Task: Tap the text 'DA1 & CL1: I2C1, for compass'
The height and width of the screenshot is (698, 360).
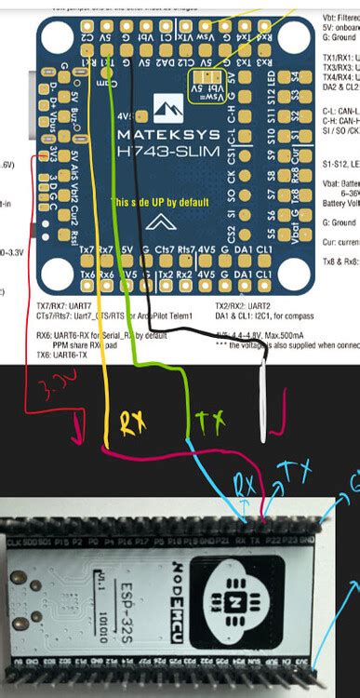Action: [x=270, y=315]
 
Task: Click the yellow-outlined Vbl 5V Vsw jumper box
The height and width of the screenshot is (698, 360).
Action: [x=207, y=82]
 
